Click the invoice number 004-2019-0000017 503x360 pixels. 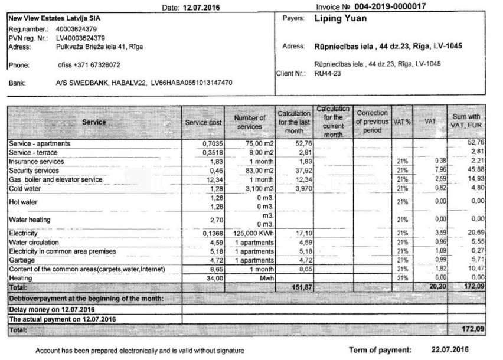[x=390, y=6]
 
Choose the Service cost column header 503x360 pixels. [x=204, y=122]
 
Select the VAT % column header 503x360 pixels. [x=401, y=122]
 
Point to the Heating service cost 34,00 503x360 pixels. [x=213, y=277]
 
